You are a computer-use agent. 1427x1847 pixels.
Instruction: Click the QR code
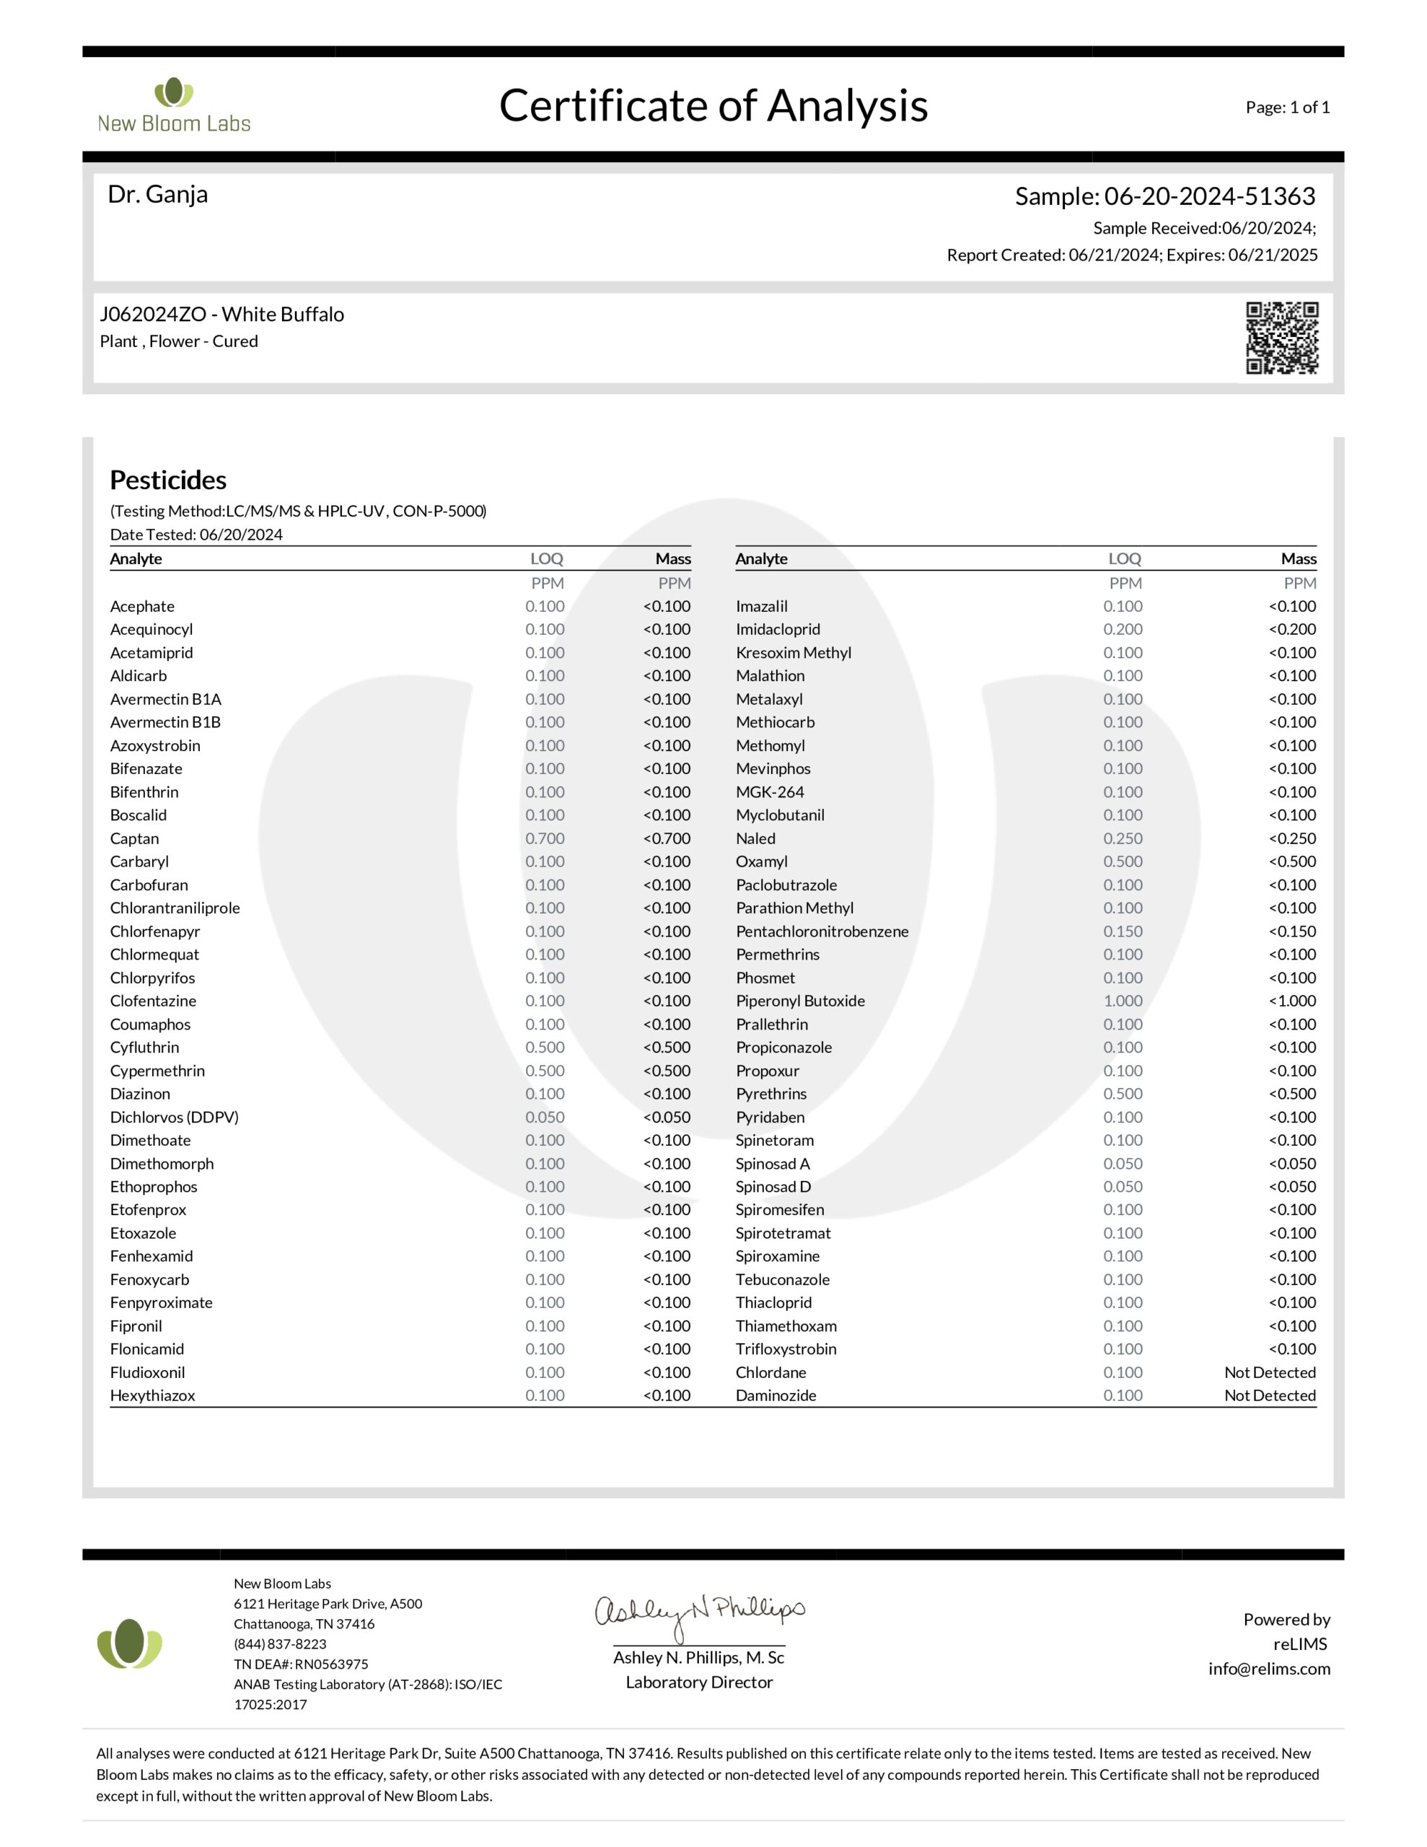(1281, 338)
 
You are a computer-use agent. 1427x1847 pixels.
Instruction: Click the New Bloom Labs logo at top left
(175, 106)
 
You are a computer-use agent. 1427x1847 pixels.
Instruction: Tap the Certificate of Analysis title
(713, 106)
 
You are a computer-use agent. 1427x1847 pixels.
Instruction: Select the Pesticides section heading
(168, 480)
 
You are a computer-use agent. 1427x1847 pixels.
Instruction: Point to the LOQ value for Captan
(545, 838)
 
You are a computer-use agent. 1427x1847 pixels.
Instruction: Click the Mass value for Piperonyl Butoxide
(1291, 1001)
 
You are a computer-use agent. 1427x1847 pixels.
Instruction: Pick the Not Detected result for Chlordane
(1269, 1372)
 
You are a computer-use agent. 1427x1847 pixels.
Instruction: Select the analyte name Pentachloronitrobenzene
(821, 931)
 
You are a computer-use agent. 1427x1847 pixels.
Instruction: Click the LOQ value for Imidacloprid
(1123, 629)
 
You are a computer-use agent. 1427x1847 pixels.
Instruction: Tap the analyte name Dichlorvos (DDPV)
(175, 1116)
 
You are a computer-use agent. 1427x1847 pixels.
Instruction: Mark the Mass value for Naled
(1291, 838)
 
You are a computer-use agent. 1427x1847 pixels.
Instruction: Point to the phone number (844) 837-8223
(280, 1644)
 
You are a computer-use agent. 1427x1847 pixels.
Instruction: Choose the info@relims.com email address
(1269, 1669)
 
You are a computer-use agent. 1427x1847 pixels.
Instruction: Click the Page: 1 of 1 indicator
(1286, 108)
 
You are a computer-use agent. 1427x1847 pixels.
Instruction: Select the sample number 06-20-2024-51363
(1208, 196)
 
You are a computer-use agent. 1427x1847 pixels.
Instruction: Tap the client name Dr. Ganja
(157, 195)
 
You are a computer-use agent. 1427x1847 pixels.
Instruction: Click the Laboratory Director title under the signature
(698, 1682)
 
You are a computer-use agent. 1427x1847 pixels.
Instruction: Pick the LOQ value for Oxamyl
(1123, 861)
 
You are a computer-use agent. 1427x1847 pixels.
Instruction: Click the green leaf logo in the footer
(129, 1644)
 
